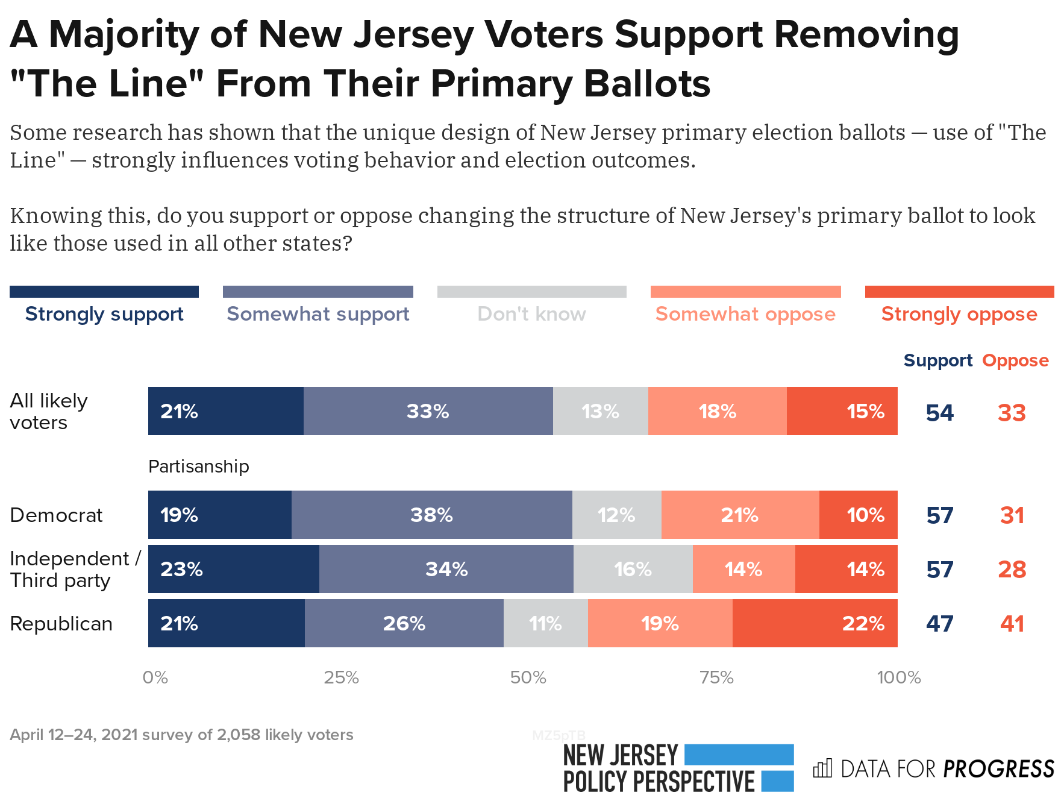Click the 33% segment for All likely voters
click(428, 411)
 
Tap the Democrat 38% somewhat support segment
click(431, 515)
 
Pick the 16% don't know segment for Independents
click(633, 569)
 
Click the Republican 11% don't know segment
click(545, 623)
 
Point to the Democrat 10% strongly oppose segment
click(858, 515)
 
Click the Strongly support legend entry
click(104, 313)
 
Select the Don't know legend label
click(531, 313)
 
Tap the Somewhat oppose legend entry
click(745, 313)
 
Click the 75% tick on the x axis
click(716, 677)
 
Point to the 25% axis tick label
click(341, 677)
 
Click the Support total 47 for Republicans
click(939, 623)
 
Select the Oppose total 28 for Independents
click(1012, 569)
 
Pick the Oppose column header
click(1015, 360)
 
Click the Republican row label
click(61, 623)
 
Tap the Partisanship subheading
click(198, 466)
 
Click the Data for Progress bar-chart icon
click(822, 768)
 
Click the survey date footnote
click(181, 735)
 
